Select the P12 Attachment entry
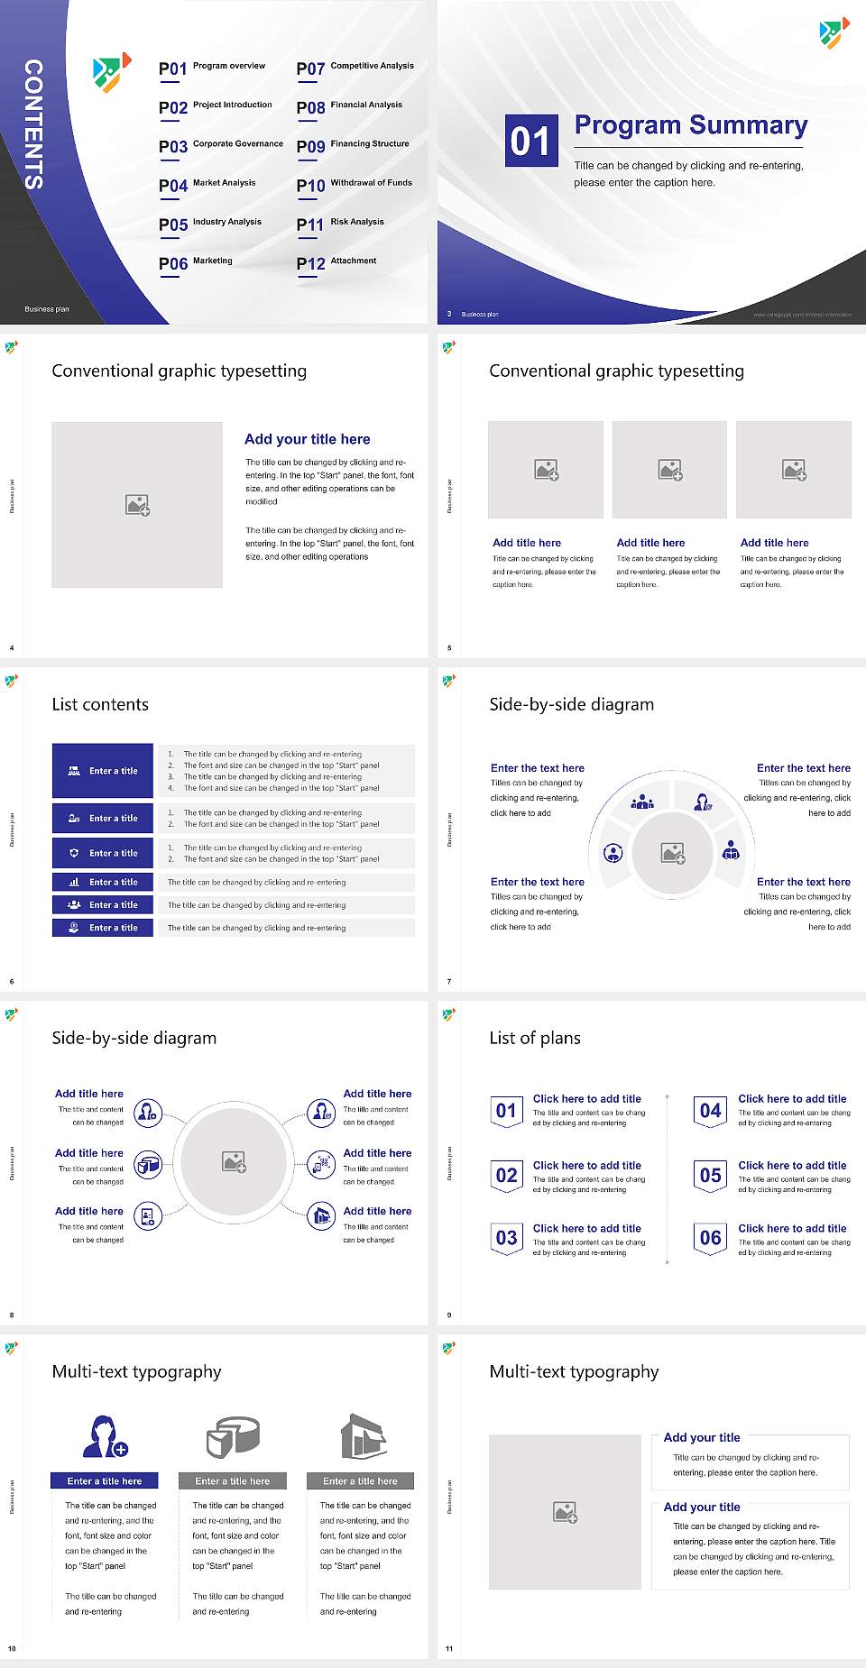pyautogui.click(x=336, y=262)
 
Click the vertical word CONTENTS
pyautogui.click(x=33, y=124)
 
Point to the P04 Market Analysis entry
pyautogui.click(x=207, y=185)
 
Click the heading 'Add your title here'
pyautogui.click(x=307, y=439)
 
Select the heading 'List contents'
pyautogui.click(x=100, y=704)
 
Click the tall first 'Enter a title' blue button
pyautogui.click(x=103, y=770)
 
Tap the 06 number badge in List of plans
pyautogui.click(x=711, y=1238)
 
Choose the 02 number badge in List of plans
pyautogui.click(x=506, y=1175)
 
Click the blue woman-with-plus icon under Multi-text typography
pyautogui.click(x=105, y=1436)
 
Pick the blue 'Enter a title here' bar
pyautogui.click(x=105, y=1480)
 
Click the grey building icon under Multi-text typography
pyautogui.click(x=364, y=1436)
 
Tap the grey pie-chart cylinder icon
pyautogui.click(x=233, y=1436)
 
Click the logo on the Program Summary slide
pyautogui.click(x=834, y=32)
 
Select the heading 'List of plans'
pyautogui.click(x=535, y=1038)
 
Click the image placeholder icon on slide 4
pyautogui.click(x=137, y=505)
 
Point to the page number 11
pyautogui.click(x=448, y=1648)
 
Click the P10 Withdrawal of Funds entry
pyautogui.click(x=355, y=185)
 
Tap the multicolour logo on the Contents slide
pyautogui.click(x=112, y=72)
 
